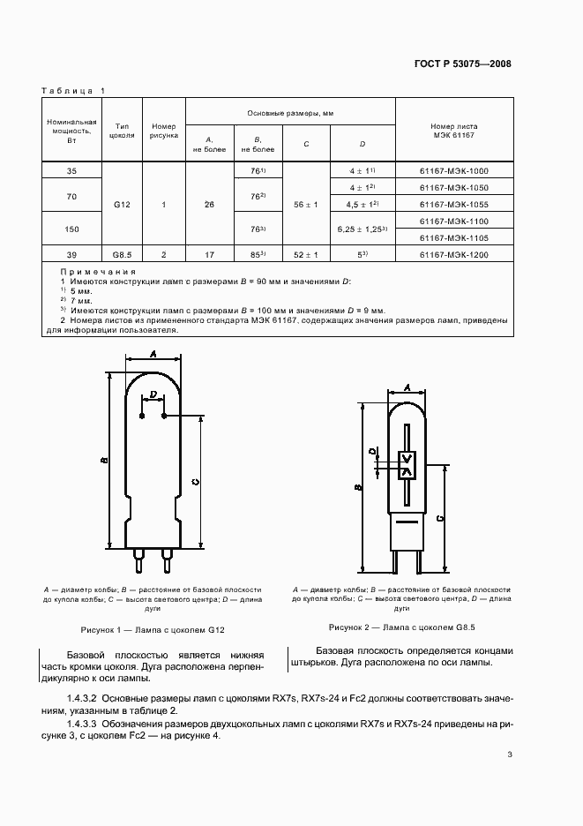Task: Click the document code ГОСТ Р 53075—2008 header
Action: [461, 64]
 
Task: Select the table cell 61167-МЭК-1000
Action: [454, 170]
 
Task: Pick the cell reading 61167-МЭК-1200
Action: [454, 254]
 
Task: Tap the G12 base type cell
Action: [122, 204]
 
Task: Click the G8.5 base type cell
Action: [122, 254]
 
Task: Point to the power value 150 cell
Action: [72, 229]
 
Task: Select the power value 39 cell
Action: [72, 254]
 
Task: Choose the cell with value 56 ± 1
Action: [305, 204]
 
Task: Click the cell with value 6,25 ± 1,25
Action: [362, 229]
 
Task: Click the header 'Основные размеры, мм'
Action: [291, 114]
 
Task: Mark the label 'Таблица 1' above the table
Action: [73, 91]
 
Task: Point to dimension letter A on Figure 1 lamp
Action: [153, 355]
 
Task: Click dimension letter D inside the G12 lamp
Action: [153, 394]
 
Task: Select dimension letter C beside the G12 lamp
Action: [196, 480]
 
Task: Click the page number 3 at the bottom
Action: [510, 754]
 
